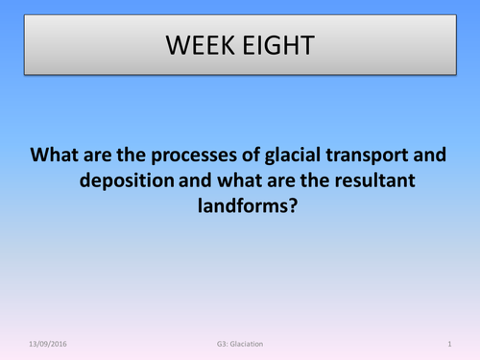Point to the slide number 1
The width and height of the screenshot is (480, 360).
(x=449, y=343)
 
